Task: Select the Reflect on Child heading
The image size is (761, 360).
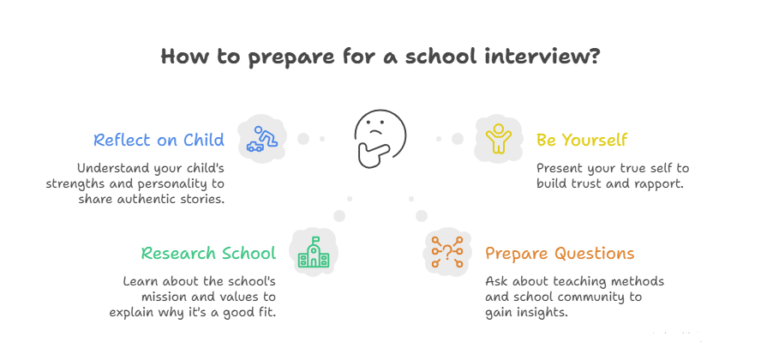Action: point(159,140)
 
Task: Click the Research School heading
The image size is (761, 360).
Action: point(208,253)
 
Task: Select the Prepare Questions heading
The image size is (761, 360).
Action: point(560,253)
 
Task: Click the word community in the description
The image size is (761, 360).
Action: point(605,297)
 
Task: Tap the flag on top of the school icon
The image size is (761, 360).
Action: point(315,239)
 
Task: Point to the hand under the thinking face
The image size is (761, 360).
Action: point(372,154)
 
